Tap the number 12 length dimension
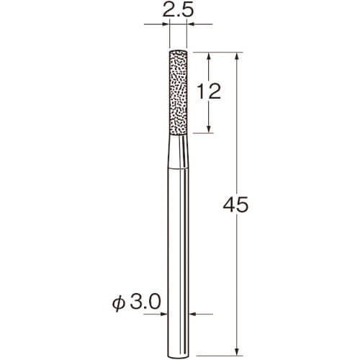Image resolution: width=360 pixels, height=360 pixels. click(x=209, y=91)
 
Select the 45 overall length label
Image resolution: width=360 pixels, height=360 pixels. click(x=235, y=204)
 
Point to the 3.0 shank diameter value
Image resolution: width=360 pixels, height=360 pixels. click(x=145, y=302)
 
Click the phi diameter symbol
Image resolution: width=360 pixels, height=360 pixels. click(x=119, y=303)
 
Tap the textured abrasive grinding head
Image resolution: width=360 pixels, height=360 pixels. click(x=178, y=92)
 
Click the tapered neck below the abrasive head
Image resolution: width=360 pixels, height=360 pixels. click(x=178, y=152)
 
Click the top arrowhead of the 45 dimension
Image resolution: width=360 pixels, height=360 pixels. click(x=237, y=57)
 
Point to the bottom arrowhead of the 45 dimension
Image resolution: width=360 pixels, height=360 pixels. click(x=237, y=351)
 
